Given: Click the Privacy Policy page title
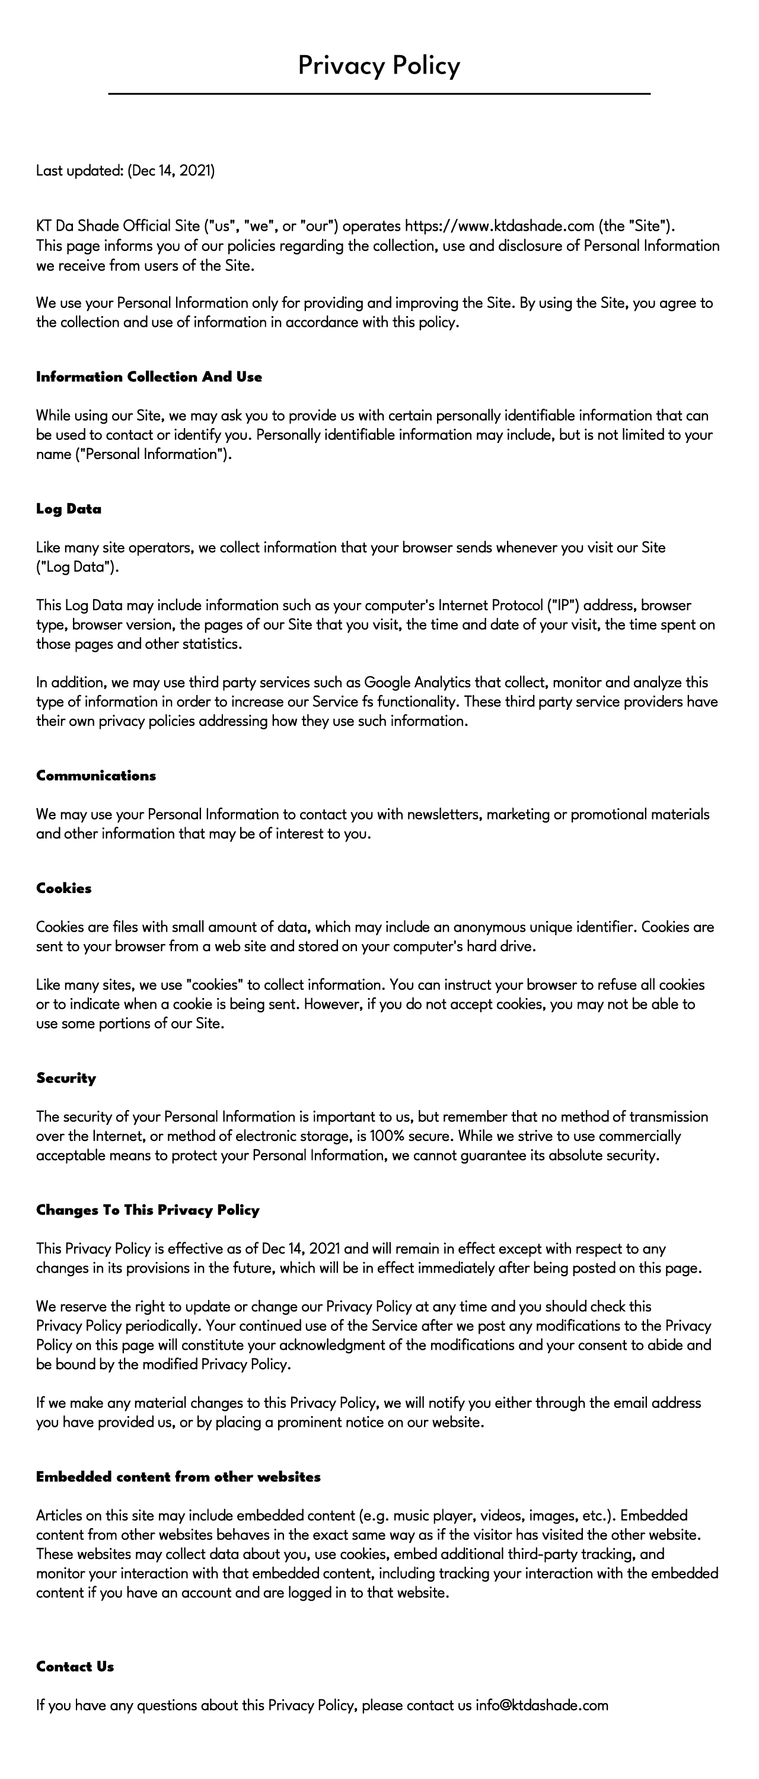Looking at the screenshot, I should click(379, 66).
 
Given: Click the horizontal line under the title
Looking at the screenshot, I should click(379, 93).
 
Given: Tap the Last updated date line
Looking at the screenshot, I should click(125, 171).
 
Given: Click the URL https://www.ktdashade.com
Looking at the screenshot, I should click(499, 226).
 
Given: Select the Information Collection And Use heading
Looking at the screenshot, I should click(149, 377).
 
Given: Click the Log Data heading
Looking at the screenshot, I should click(68, 509).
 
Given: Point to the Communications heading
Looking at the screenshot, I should click(96, 776).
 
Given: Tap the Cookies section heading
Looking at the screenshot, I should click(63, 888).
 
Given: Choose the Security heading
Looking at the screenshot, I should click(66, 1078).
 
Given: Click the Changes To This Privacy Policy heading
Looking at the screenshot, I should click(148, 1210).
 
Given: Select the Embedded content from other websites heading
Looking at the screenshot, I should click(178, 1477).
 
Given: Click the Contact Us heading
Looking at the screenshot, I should click(75, 1666).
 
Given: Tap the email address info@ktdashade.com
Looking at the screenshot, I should click(541, 1705).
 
